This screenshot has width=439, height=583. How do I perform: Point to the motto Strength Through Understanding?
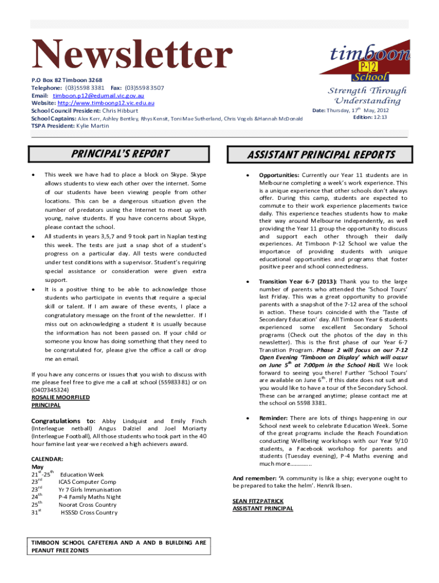[x=367, y=96]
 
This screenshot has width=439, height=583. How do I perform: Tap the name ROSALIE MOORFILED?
[x=60, y=397]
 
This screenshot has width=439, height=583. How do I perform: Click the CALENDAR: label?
[x=47, y=458]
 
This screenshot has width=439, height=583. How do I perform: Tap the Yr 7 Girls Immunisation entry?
[x=90, y=490]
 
